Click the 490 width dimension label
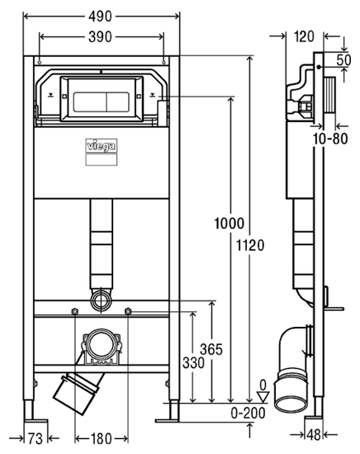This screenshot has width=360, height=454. [x=100, y=17]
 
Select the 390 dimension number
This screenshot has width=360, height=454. [x=100, y=37]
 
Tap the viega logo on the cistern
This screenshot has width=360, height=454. [x=102, y=145]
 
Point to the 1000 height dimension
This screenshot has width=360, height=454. [x=229, y=224]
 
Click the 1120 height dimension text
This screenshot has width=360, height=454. [x=250, y=245]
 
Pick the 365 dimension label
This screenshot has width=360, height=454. [x=211, y=349]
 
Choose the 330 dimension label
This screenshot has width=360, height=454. [x=193, y=362]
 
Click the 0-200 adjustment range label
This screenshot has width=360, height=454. [x=249, y=414]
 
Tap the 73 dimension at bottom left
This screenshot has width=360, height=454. [x=36, y=438]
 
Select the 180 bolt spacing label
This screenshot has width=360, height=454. [x=102, y=438]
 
